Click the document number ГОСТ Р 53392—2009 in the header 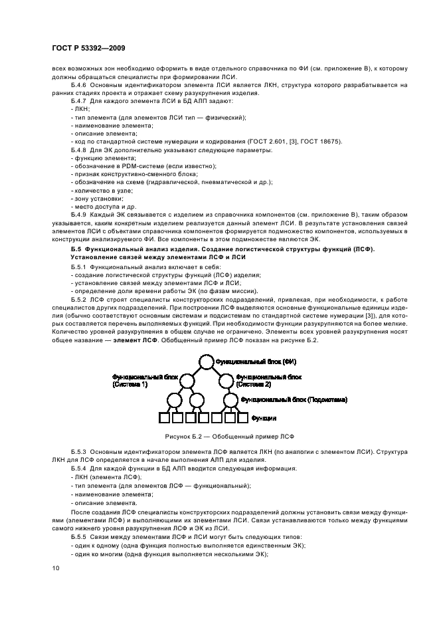pyautogui.click(x=88, y=48)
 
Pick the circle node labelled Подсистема pyautogui.click(x=230, y=401)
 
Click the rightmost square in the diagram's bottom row pyautogui.click(x=242, y=419)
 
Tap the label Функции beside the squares pyautogui.click(x=264, y=419)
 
